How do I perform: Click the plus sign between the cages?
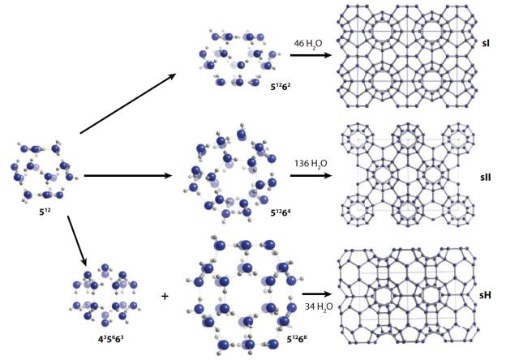(x=165, y=296)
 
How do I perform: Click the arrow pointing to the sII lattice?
(x=311, y=174)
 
